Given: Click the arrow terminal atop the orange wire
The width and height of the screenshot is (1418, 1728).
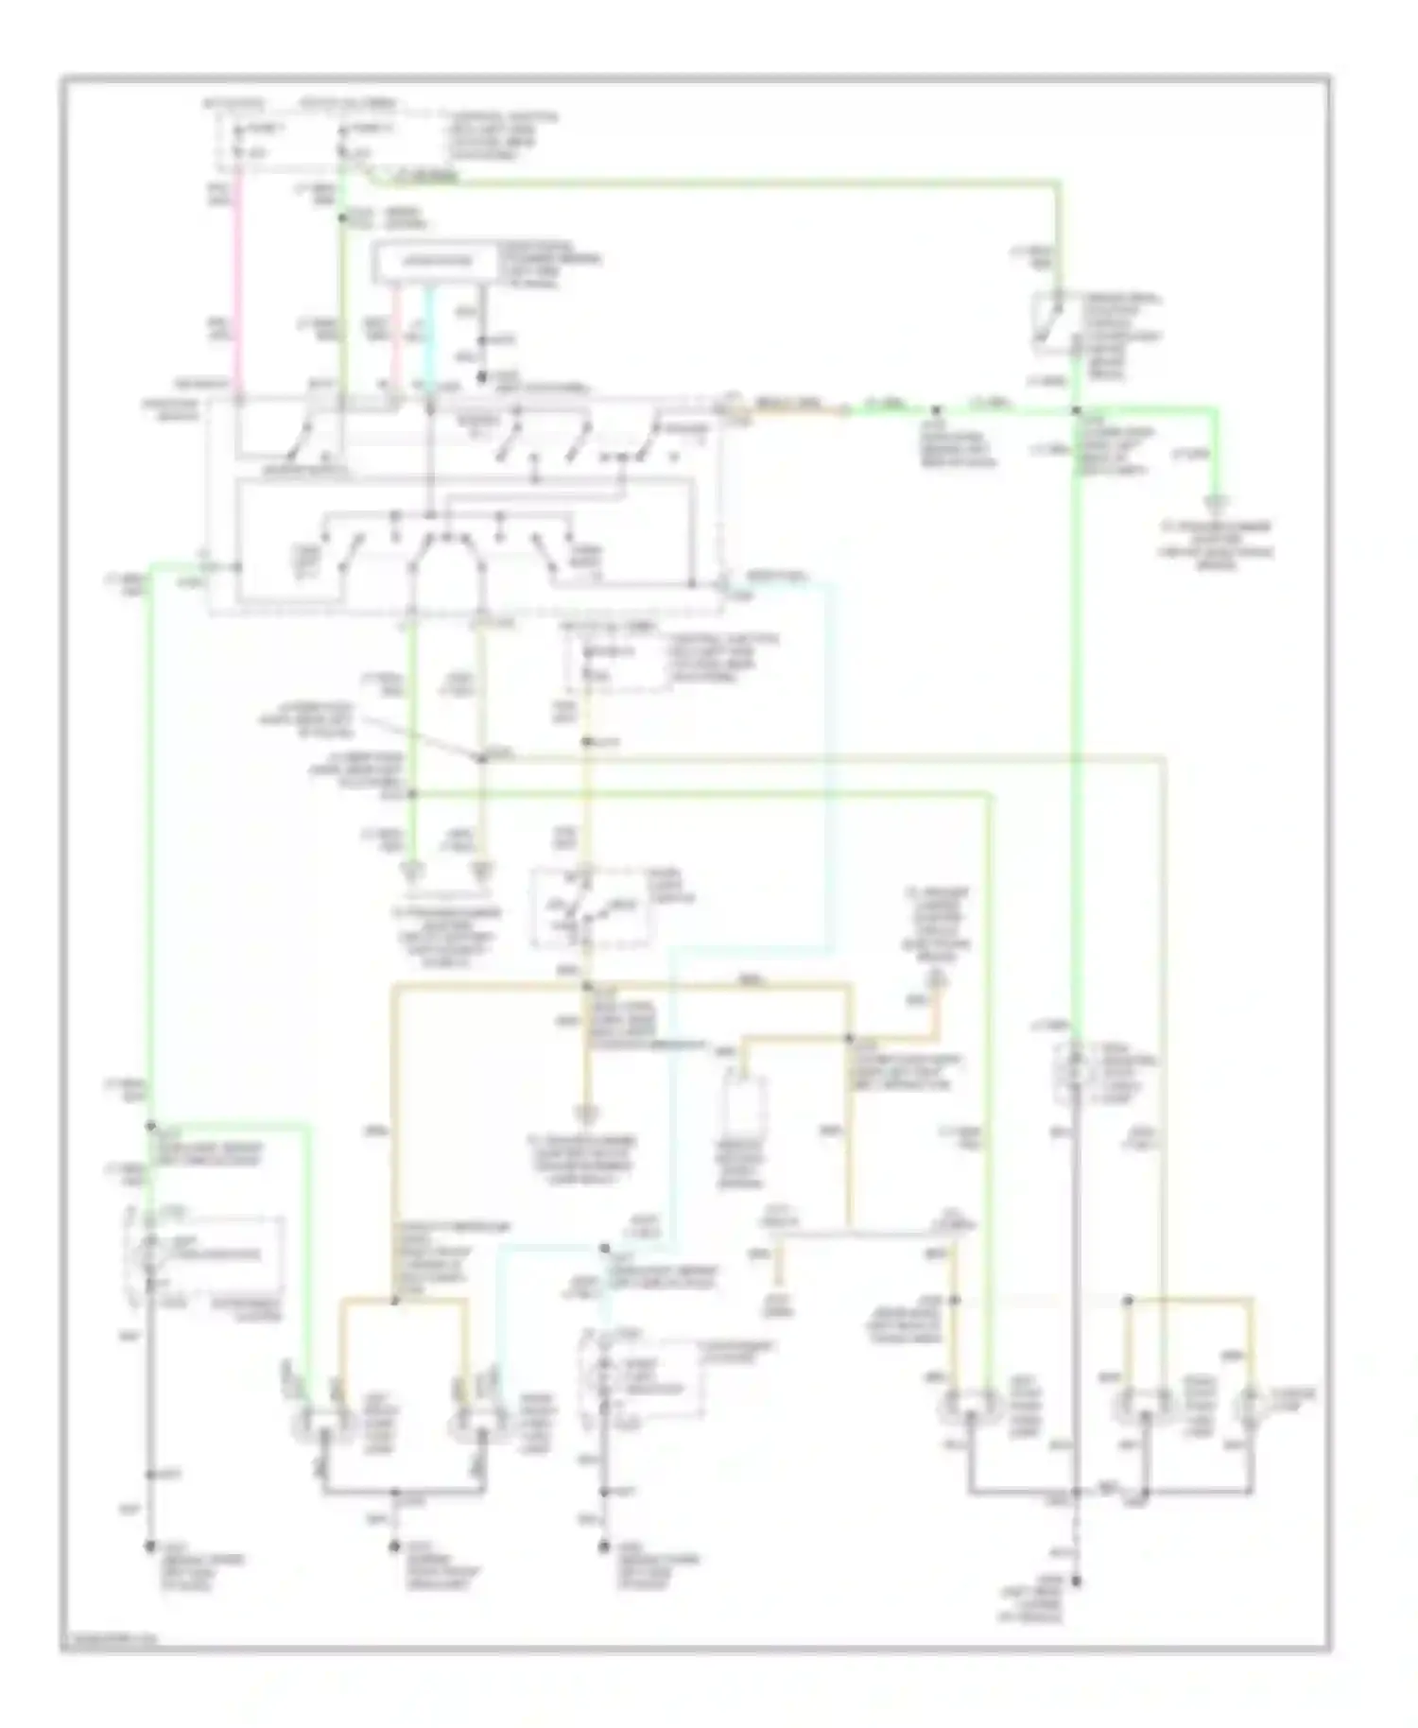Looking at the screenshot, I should click(x=936, y=976).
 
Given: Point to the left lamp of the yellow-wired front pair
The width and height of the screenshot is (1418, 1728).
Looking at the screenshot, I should click(x=320, y=1419).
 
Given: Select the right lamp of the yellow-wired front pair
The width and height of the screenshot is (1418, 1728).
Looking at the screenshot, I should click(x=475, y=1419).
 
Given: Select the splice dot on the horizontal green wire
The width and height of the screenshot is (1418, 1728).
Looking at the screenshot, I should click(x=936, y=410).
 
